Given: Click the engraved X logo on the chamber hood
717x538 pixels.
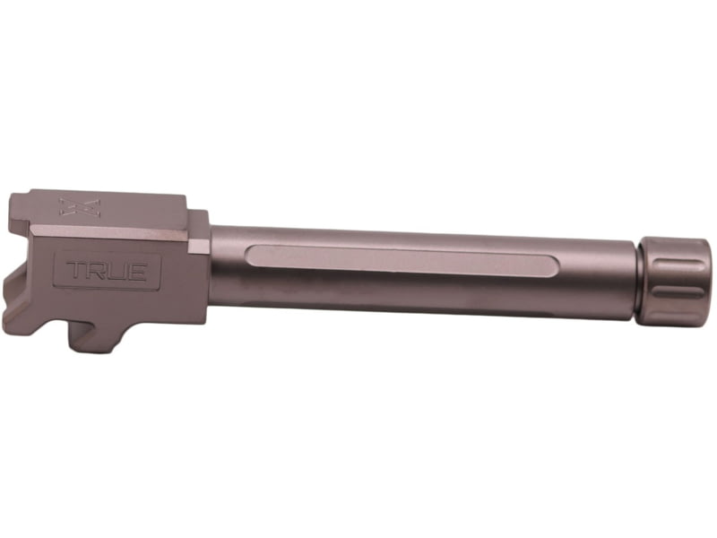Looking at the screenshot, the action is click(79, 207).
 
